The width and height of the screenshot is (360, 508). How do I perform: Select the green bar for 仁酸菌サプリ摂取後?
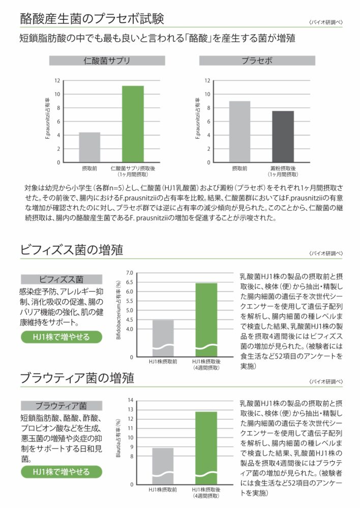[132, 124]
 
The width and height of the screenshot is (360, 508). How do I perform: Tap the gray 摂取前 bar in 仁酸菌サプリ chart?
[89, 147]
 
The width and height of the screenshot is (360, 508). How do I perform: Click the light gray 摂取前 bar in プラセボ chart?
[239, 132]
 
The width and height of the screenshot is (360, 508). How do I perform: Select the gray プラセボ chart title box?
[258, 61]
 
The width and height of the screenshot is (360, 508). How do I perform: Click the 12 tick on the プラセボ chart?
[206, 80]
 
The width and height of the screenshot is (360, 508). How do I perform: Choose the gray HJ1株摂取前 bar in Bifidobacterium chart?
[163, 337]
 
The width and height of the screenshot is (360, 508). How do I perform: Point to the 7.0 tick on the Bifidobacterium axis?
[129, 273]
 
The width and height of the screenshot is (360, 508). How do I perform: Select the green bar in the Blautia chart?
[206, 447]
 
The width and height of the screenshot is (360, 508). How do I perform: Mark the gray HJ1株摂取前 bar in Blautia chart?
[163, 465]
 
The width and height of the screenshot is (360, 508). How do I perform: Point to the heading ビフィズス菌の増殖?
[71, 250]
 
